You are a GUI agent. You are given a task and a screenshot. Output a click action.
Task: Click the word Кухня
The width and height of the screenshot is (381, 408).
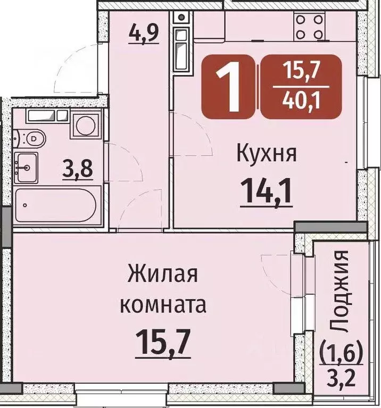(266, 155)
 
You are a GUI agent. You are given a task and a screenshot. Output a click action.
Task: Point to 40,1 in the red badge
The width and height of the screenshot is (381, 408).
(301, 99)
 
